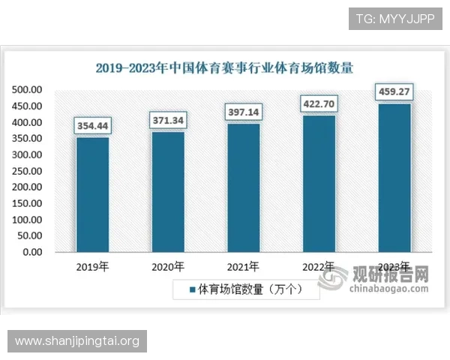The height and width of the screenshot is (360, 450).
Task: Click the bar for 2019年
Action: click(x=92, y=195)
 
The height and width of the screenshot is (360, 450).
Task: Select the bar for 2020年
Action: click(x=168, y=192)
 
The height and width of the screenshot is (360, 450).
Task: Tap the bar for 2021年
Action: click(x=243, y=187)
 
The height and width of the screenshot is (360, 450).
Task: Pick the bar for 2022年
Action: click(x=319, y=184)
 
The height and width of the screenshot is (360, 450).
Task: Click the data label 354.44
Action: click(x=92, y=126)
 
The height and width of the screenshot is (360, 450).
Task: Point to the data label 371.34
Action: click(x=168, y=120)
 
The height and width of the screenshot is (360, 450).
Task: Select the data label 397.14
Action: click(x=243, y=112)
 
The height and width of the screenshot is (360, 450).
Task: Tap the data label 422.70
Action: click(x=319, y=103)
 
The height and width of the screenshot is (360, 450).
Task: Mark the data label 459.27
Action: click(x=394, y=92)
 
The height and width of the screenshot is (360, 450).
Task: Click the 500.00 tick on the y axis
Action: click(x=27, y=90)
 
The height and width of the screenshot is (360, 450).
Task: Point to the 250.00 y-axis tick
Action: click(x=27, y=171)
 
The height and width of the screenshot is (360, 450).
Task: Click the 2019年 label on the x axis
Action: click(x=92, y=267)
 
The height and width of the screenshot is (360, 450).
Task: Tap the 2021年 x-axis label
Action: click(x=243, y=267)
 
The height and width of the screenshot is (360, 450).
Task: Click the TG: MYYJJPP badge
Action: click(x=396, y=18)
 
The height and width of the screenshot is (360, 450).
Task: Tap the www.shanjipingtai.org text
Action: click(x=77, y=341)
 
